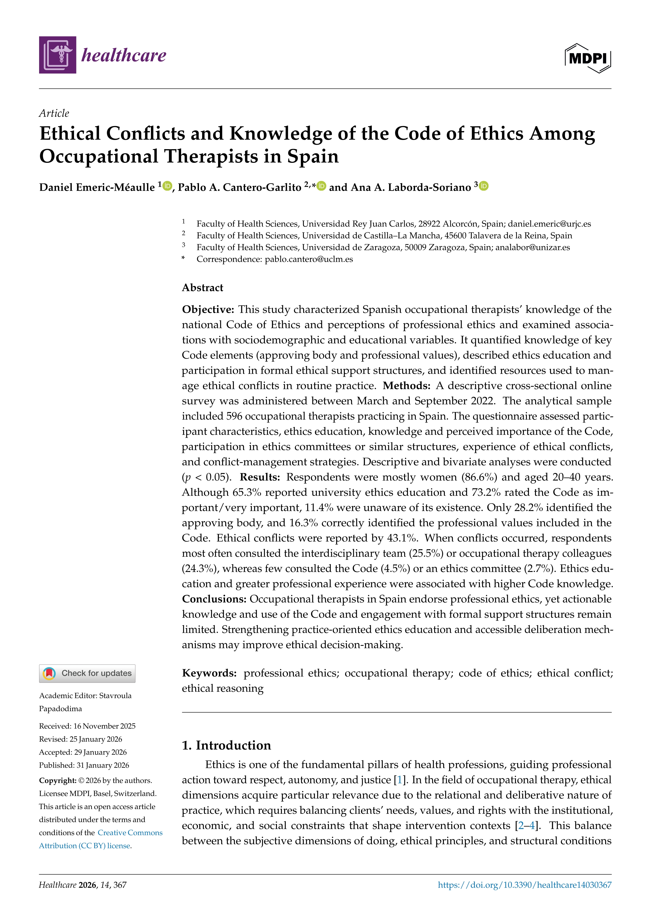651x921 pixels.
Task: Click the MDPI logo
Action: click(x=588, y=58)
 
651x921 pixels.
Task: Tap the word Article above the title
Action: click(x=54, y=113)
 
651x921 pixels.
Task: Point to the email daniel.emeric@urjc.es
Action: click(x=549, y=224)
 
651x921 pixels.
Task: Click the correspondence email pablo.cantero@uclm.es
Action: click(x=309, y=259)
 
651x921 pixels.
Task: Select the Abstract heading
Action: click(x=202, y=288)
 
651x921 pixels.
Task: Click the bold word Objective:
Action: click(x=208, y=310)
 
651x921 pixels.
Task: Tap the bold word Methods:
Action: click(x=406, y=386)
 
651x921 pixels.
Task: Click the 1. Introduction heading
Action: click(x=227, y=745)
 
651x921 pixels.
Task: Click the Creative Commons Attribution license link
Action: click(x=101, y=839)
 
